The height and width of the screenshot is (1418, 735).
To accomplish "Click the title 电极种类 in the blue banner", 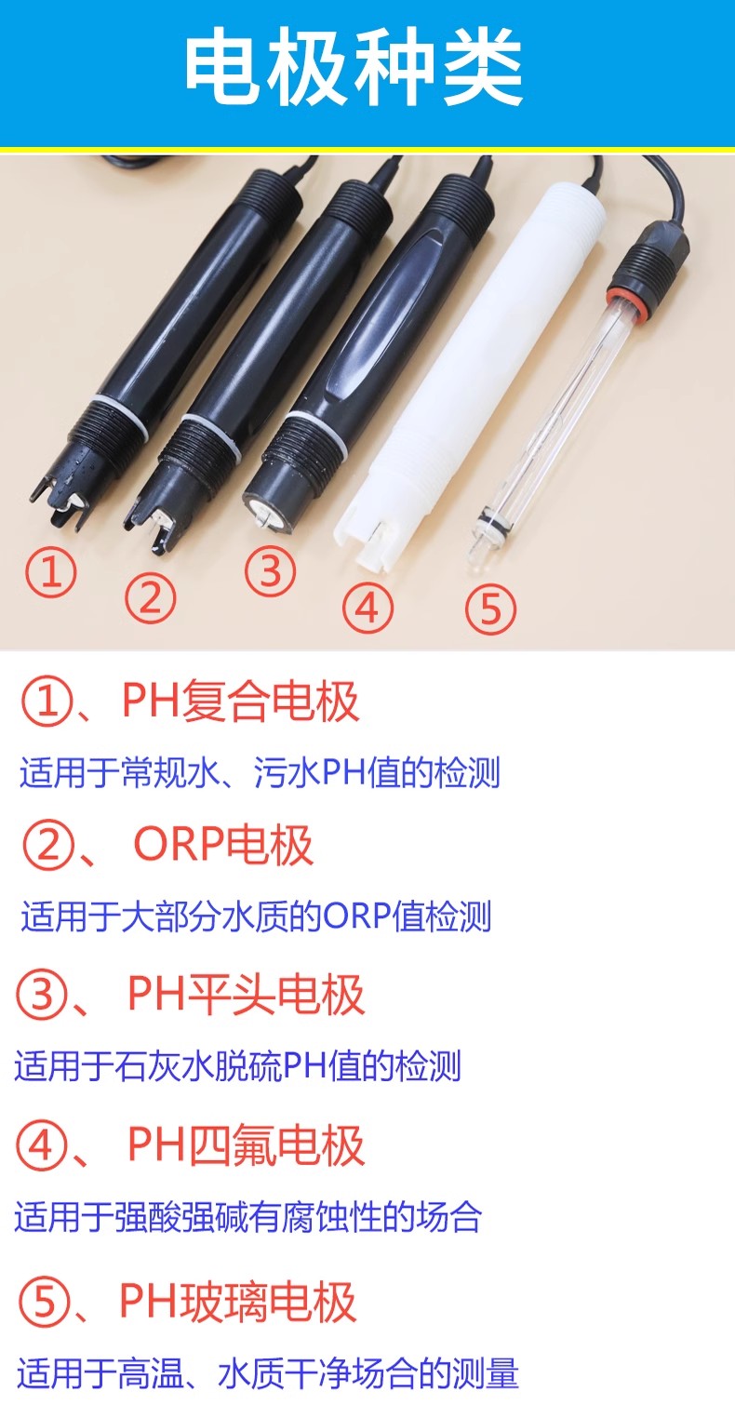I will pos(354,71).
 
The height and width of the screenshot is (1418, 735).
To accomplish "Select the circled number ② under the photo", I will pos(150,598).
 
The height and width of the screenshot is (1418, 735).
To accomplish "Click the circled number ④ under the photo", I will pos(367,608).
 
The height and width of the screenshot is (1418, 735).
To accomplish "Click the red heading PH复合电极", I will pos(240,702).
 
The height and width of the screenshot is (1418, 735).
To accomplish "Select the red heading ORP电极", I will pos(223,845).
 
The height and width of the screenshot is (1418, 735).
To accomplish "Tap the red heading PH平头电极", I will pos(246,994).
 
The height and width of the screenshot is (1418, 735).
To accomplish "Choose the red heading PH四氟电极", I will pos(246,1144).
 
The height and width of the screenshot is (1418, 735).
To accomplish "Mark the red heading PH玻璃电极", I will pos(238,1302).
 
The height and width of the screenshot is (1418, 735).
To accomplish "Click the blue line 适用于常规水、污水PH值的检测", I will pos(260,773).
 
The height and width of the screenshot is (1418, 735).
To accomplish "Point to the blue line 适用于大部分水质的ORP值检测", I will pos(256,916).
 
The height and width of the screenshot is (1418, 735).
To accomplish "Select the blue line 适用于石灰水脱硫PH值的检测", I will pos(238,1066).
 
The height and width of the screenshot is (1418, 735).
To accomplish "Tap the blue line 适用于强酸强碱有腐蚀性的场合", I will pos(248,1217).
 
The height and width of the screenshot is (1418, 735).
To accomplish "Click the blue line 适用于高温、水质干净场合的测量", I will pos(267,1373).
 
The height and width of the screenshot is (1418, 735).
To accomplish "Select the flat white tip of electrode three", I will pos(263,510).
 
